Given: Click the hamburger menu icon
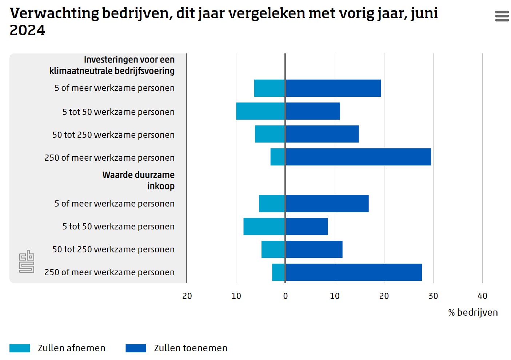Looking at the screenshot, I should [502, 16].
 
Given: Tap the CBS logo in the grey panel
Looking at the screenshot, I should [27, 261].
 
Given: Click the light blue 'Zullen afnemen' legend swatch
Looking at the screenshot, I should [20, 348].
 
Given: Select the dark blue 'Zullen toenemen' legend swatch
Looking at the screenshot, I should [136, 348].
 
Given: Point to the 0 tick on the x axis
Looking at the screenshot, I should [286, 296].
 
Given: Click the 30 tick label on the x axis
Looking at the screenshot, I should [433, 296].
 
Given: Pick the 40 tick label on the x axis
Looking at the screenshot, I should [482, 296].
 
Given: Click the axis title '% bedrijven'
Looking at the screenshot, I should [473, 312].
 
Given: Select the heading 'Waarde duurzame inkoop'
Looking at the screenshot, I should [138, 180].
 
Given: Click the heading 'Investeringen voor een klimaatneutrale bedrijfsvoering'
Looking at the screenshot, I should [112, 65].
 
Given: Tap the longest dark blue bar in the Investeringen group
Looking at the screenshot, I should [358, 157].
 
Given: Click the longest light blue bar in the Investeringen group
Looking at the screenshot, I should [260, 111].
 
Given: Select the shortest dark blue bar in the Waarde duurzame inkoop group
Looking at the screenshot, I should [307, 226].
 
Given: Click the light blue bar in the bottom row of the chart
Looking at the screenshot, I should [279, 272].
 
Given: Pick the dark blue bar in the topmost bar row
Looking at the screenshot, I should [333, 88].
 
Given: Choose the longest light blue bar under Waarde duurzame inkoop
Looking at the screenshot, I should [264, 226].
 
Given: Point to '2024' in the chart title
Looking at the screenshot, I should [27, 31].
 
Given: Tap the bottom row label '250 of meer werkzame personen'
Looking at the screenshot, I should [109, 272].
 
